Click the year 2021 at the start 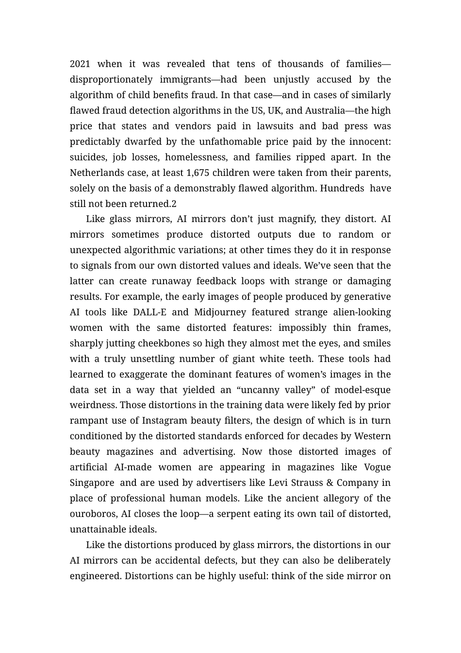(80, 64)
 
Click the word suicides (87, 157)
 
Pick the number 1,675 (198, 173)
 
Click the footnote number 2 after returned (174, 204)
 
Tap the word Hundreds (342, 189)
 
